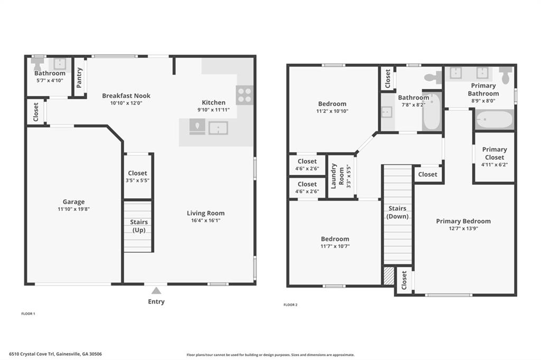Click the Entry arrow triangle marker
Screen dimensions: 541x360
[x=156, y=290]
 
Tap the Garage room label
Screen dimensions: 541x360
[x=73, y=202]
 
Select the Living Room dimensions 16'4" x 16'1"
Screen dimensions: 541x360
[x=206, y=221]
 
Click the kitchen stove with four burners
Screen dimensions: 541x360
[x=245, y=95]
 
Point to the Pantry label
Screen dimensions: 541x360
[x=79, y=78]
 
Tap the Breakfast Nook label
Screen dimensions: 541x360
[x=126, y=96]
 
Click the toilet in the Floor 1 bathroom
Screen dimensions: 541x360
[x=37, y=63]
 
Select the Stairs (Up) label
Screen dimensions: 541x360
[x=139, y=226]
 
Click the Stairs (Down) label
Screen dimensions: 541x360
[x=397, y=212]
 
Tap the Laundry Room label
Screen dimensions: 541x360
[x=337, y=176]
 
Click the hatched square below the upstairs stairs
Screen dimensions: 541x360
[x=389, y=276]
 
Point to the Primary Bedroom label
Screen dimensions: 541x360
[x=463, y=221]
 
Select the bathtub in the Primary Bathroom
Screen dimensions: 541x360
[x=495, y=120]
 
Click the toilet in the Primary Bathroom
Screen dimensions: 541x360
[x=506, y=75]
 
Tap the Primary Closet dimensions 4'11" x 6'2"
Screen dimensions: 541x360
[x=495, y=165]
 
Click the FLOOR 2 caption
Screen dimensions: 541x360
[x=291, y=305]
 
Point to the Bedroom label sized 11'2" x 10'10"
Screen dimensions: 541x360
[x=332, y=103]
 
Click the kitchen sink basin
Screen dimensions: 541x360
[x=218, y=128]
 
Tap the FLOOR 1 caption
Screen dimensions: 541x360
[x=29, y=314]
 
